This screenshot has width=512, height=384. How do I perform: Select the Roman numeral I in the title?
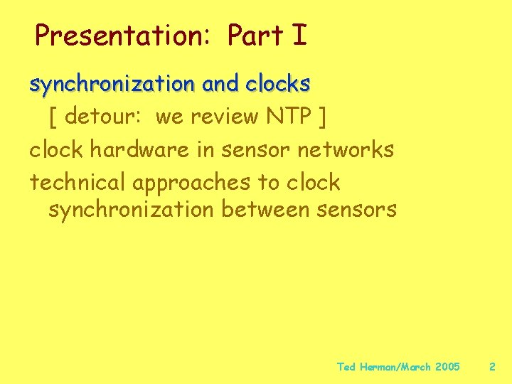[x=299, y=35]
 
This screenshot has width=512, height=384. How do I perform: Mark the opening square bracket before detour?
[x=53, y=117]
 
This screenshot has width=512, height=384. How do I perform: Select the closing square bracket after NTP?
[x=323, y=117]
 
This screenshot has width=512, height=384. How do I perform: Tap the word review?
[x=220, y=117]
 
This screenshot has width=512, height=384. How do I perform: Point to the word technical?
[x=78, y=182]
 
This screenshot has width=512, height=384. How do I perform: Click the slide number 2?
[x=491, y=367]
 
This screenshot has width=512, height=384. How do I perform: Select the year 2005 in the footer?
[x=447, y=367]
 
